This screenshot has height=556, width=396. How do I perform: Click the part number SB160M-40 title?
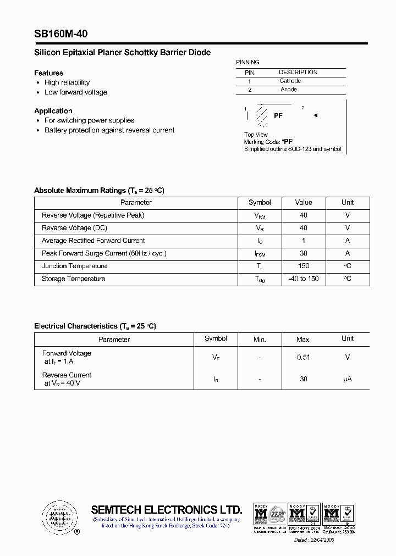61,34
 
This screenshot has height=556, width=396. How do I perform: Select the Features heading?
48,73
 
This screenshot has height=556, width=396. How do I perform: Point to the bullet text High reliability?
67,82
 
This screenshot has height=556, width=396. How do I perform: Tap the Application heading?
53,111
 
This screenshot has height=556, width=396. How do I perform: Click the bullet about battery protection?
109,131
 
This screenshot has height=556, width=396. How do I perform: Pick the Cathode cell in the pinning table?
290,81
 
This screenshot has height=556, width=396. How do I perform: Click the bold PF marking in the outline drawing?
278,116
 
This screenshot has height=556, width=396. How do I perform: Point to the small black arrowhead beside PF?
315,115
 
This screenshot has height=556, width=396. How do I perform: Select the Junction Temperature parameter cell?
74,266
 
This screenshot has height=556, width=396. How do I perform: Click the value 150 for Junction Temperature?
304,266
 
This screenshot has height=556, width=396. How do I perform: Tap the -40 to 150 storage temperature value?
304,279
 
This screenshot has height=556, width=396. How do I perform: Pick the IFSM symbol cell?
260,254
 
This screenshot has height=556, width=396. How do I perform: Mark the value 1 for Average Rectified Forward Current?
304,241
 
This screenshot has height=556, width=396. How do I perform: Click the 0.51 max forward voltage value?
304,358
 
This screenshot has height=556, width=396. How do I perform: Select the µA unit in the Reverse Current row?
347,380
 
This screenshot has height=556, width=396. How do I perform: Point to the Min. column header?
260,340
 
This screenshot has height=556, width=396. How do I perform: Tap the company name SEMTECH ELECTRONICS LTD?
166,509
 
